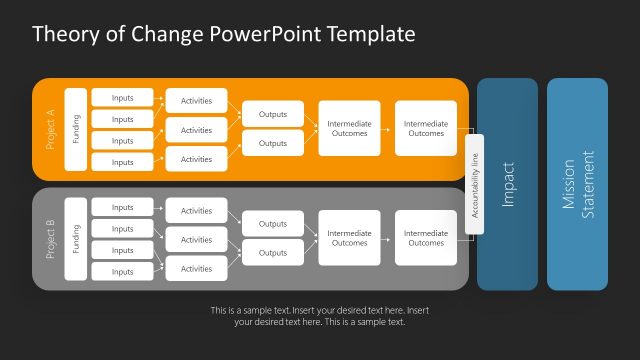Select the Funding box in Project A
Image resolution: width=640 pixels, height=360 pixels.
76,129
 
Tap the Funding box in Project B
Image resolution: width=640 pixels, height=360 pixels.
76,239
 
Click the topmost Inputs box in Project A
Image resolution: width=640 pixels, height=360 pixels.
122,97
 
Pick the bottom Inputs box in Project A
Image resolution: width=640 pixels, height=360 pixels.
122,162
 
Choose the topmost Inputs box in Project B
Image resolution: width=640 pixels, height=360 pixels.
122,207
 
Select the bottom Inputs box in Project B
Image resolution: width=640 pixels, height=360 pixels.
122,272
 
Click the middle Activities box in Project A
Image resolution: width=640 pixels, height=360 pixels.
196,130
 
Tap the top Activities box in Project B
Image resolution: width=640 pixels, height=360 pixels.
196,211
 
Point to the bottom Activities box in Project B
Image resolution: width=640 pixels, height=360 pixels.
196,268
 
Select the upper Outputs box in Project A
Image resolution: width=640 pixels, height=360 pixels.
273,114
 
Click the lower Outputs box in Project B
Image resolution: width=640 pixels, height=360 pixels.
273,253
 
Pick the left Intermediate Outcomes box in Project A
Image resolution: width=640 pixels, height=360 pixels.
349,129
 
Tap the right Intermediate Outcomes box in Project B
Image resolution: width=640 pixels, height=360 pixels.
426,238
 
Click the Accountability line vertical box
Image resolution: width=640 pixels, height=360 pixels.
475,184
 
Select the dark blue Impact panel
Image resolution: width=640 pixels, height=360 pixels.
507,184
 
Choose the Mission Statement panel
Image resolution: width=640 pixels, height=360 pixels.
577,184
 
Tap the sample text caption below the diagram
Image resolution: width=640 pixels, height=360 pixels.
319,316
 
